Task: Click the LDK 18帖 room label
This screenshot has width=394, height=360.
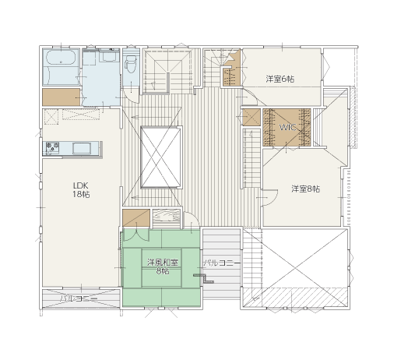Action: click(x=81, y=190)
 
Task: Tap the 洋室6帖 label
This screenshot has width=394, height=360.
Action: click(x=280, y=79)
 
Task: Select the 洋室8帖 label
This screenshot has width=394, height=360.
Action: click(x=305, y=189)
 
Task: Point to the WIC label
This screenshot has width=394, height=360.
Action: click(x=287, y=127)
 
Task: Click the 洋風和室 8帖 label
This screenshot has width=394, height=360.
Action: click(x=163, y=266)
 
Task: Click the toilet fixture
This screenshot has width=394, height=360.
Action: click(x=130, y=64)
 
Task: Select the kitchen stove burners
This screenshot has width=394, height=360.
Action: click(x=52, y=148)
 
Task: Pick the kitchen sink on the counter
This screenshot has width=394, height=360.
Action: click(x=82, y=148)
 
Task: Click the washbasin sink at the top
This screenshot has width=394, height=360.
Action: click(x=109, y=55)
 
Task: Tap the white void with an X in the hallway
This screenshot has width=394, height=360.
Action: click(x=160, y=157)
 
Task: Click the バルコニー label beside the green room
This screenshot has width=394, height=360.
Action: click(x=221, y=263)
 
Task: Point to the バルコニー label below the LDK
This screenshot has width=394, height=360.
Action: click(x=79, y=299)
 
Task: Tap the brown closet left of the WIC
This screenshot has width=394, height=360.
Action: click(x=252, y=118)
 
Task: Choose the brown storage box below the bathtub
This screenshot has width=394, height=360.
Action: click(x=62, y=97)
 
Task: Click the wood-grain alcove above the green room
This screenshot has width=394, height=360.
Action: click(x=166, y=218)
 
